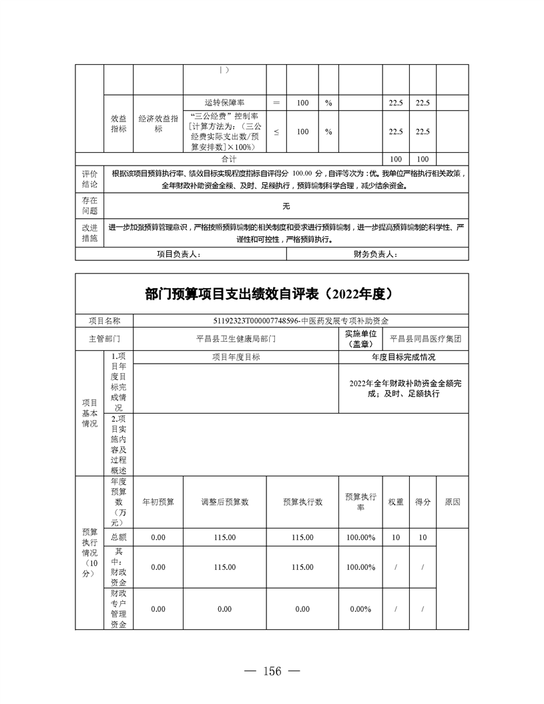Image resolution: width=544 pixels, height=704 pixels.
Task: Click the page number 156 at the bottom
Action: [272, 671]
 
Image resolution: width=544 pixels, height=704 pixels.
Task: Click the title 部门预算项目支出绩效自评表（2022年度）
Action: [272, 294]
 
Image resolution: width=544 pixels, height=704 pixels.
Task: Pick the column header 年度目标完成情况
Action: [403, 357]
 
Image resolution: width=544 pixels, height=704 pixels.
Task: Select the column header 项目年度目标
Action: [236, 357]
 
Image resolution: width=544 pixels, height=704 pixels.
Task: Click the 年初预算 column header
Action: [158, 502]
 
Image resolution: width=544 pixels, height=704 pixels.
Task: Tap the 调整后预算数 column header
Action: [225, 502]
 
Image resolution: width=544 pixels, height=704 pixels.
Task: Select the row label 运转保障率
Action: [224, 103]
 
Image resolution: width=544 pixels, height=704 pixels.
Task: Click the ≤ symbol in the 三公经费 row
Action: [276, 131]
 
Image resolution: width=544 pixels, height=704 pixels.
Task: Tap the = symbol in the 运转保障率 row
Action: [276, 103]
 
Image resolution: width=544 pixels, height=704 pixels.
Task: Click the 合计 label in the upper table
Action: [229, 159]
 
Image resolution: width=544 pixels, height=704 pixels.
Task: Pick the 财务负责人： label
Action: [376, 254]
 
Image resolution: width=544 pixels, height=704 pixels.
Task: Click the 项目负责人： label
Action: [178, 254]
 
